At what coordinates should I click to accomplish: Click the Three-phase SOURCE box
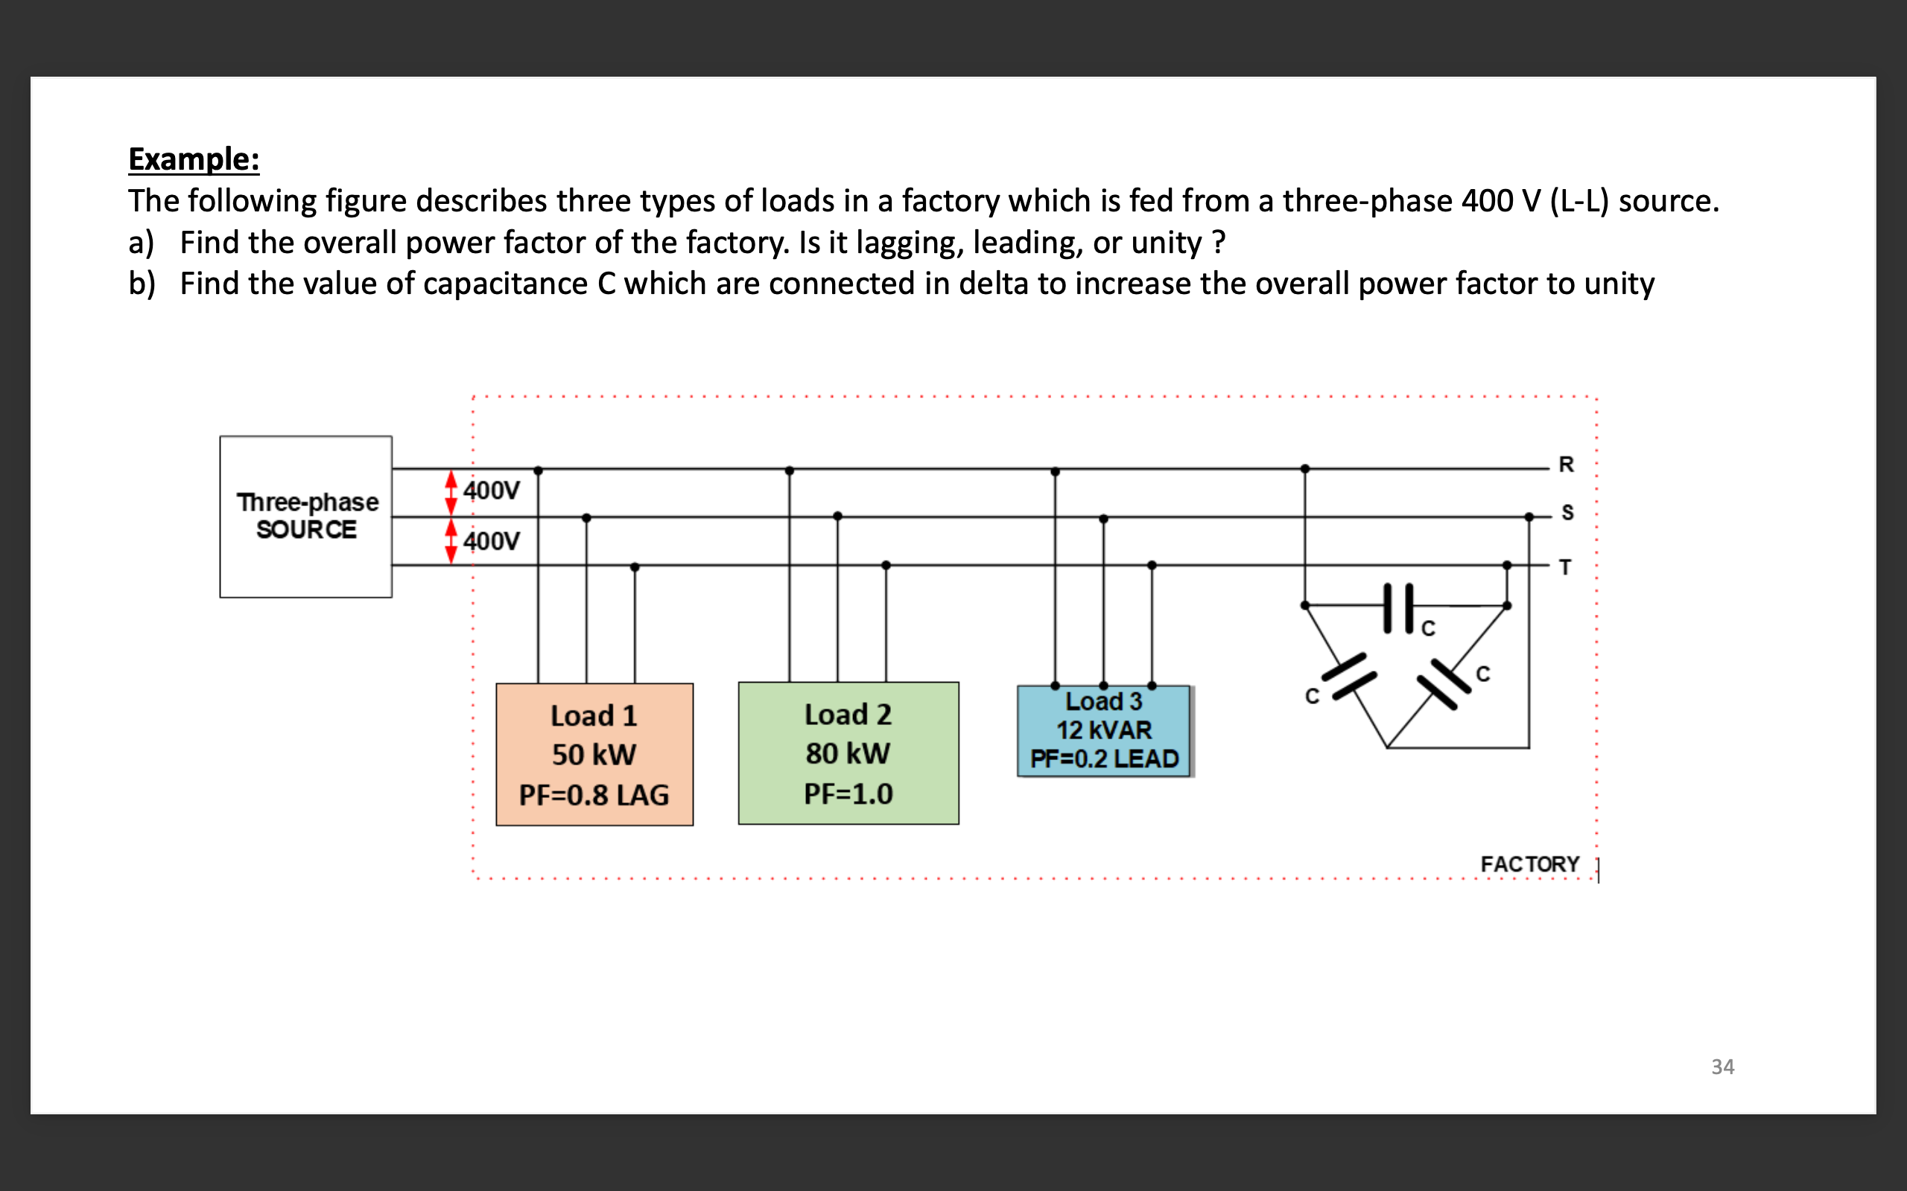(305, 516)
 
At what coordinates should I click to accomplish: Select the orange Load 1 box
(594, 754)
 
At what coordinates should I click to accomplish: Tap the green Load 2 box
(848, 753)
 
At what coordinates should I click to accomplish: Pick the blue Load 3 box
(1103, 731)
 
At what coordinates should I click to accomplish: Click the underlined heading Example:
(194, 159)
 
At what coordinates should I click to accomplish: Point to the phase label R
(1566, 464)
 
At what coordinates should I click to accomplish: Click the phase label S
(1567, 513)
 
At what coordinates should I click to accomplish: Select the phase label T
(1565, 567)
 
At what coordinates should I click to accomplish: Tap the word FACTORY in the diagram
(1529, 864)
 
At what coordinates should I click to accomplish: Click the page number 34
(1722, 1067)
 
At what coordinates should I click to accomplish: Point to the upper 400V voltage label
(491, 491)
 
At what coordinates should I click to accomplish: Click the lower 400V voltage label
(491, 541)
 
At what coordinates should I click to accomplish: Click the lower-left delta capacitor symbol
(1348, 676)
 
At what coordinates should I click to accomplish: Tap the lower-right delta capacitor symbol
(1444, 683)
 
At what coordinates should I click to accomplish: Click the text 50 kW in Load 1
(594, 755)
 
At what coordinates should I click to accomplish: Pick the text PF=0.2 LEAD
(1104, 759)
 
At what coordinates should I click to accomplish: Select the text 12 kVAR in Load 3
(1103, 730)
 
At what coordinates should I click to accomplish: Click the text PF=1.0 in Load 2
(848, 794)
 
